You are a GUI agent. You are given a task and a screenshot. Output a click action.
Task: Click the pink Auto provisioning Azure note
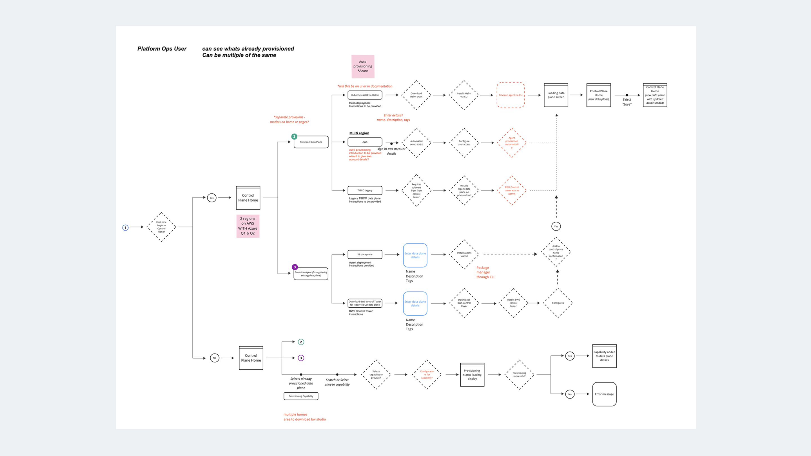point(363,66)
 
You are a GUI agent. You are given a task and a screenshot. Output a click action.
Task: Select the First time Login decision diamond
point(161,227)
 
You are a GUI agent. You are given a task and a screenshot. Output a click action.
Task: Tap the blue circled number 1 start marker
point(125,227)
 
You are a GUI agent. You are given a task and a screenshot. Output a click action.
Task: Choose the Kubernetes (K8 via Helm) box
point(365,95)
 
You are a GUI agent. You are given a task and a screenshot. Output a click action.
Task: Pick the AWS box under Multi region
point(365,142)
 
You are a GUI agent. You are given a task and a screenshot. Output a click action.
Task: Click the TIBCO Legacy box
point(365,190)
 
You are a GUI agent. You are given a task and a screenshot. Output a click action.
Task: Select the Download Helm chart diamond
point(416,95)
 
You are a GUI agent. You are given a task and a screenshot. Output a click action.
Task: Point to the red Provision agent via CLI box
point(510,95)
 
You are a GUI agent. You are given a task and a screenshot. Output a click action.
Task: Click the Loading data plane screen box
point(556,95)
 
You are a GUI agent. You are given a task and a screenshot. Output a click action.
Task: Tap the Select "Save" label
point(627,102)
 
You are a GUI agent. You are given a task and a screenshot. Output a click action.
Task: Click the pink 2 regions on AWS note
point(248,226)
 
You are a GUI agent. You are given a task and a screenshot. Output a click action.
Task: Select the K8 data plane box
point(365,254)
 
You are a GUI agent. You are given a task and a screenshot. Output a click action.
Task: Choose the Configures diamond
point(558,303)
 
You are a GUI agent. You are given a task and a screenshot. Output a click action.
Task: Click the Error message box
point(604,394)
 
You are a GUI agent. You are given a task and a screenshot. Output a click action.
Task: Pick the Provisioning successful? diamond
point(519,374)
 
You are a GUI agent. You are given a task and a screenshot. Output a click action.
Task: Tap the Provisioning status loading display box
point(472,374)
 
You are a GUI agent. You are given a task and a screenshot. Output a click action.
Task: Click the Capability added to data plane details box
point(604,356)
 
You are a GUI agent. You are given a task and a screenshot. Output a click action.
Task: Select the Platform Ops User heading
point(162,49)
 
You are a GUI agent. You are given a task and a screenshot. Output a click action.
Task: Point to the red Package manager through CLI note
point(485,272)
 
